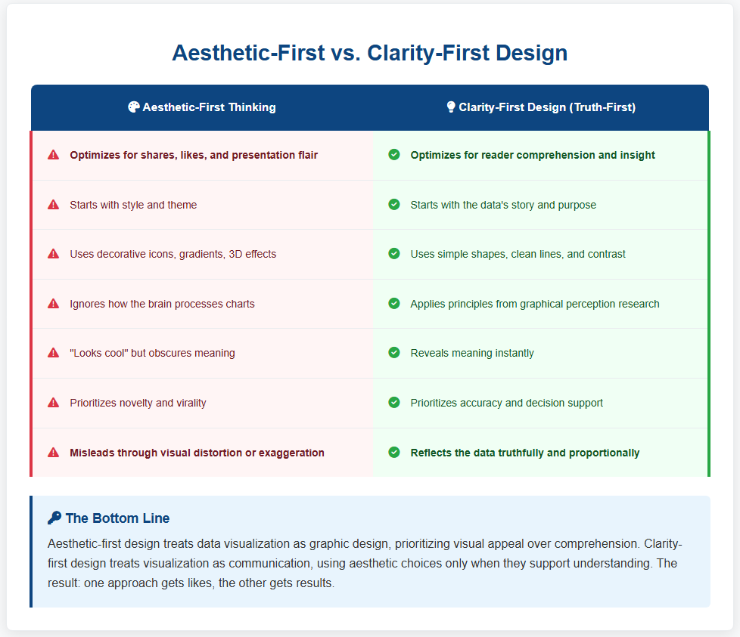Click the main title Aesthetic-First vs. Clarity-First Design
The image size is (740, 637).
pyautogui.click(x=369, y=53)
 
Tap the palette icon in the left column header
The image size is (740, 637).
pyautogui.click(x=134, y=107)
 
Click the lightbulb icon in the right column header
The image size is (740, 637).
pyautogui.click(x=451, y=107)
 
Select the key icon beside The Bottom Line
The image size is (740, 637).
pyautogui.click(x=54, y=518)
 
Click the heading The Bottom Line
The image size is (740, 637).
pyautogui.click(x=117, y=518)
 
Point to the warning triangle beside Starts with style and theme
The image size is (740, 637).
pyautogui.click(x=53, y=205)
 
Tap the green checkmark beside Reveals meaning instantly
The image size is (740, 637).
pyautogui.click(x=394, y=352)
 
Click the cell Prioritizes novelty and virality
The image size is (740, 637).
pyautogui.click(x=138, y=403)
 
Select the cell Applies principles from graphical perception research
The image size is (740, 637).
pyautogui.click(x=535, y=304)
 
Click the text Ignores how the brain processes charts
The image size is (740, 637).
pyautogui.click(x=162, y=304)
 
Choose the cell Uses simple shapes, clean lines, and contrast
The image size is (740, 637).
pyautogui.click(x=518, y=254)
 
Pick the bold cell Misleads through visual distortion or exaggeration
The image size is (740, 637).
pyautogui.click(x=197, y=453)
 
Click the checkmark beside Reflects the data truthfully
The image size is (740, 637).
pyautogui.click(x=394, y=453)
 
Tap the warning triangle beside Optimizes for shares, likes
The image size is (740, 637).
pyautogui.click(x=53, y=155)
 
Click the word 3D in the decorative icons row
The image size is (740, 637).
pyautogui.click(x=235, y=254)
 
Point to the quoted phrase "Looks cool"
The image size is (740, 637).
pyautogui.click(x=99, y=353)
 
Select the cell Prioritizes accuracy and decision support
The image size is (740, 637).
pyautogui.click(x=506, y=403)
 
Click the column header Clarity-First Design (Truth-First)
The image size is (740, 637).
pyautogui.click(x=547, y=107)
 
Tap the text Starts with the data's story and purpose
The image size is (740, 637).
pyautogui.click(x=503, y=205)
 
